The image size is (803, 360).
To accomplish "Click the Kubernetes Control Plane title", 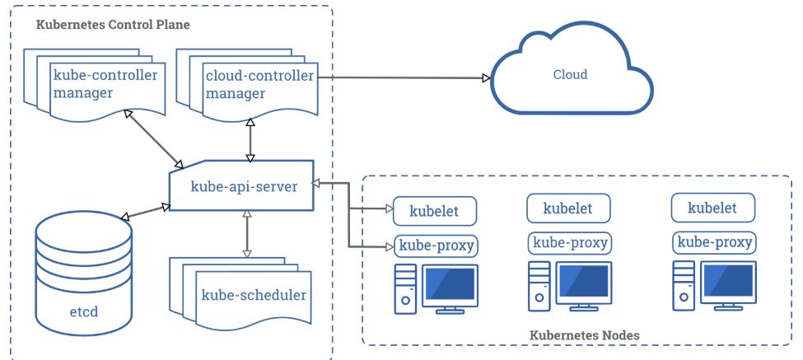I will (113, 25).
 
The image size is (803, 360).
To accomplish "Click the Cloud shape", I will (570, 74).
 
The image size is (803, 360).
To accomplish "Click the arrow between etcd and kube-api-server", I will (144, 212).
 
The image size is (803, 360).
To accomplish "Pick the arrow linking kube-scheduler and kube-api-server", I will (245, 233).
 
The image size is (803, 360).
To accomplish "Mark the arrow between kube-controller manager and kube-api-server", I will (153, 136).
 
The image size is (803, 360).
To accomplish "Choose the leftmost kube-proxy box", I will (437, 245).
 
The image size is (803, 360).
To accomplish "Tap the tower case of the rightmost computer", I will (683, 284).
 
